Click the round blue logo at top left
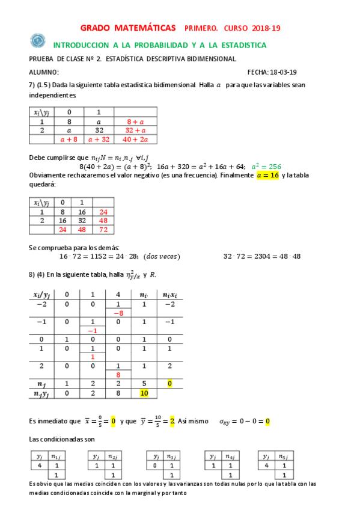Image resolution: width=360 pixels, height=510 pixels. click(38, 41)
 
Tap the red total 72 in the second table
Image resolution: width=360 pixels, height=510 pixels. click(103, 230)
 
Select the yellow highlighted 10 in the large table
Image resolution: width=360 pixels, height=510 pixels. click(144, 393)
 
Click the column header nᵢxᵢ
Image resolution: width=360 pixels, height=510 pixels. click(170, 295)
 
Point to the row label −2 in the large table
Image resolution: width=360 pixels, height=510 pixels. click(41, 305)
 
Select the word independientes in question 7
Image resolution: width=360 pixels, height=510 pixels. click(52, 95)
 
